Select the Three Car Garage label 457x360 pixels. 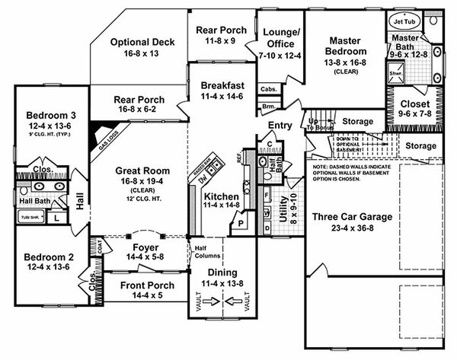[352, 217]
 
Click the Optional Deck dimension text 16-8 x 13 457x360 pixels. [142, 55]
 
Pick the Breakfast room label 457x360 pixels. [222, 86]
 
